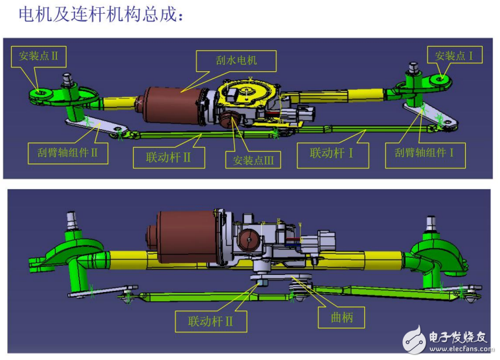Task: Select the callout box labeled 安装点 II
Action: (38, 57)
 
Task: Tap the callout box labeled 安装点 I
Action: (454, 55)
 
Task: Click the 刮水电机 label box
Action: (236, 61)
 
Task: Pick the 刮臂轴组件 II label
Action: (67, 153)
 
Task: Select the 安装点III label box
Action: (253, 160)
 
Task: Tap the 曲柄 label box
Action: (341, 317)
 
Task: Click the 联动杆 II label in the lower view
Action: (211, 321)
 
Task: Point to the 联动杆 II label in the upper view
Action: (169, 157)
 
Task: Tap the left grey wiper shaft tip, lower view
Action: (72, 220)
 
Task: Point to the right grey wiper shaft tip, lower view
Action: (431, 224)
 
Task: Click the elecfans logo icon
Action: (414, 340)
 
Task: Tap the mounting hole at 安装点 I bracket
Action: (441, 78)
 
